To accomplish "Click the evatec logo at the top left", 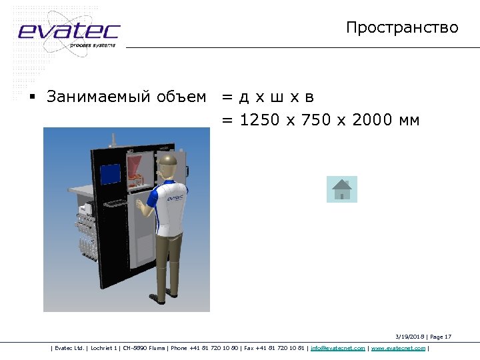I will coord(68,31).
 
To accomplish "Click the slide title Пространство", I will coord(402,27).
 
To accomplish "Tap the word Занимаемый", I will coord(91,97).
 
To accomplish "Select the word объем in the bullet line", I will coord(181,97).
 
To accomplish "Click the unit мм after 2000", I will coord(409,121).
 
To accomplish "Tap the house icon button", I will coord(342,189).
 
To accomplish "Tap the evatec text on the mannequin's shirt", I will coord(175,198).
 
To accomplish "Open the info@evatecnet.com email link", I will coord(337,348).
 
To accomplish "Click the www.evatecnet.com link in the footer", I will coord(398,348).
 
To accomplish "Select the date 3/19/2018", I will coord(409,337).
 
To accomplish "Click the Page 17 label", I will coord(440,337).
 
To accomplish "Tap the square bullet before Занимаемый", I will coord(31,97).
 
